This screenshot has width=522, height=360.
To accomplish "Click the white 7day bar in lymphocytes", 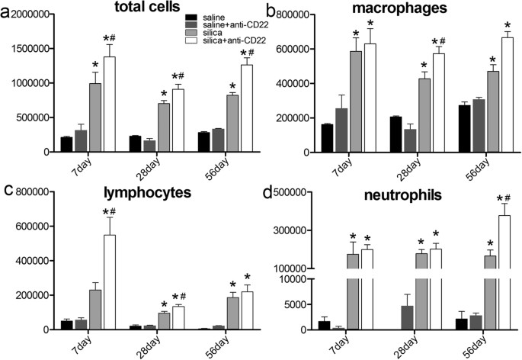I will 110,282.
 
